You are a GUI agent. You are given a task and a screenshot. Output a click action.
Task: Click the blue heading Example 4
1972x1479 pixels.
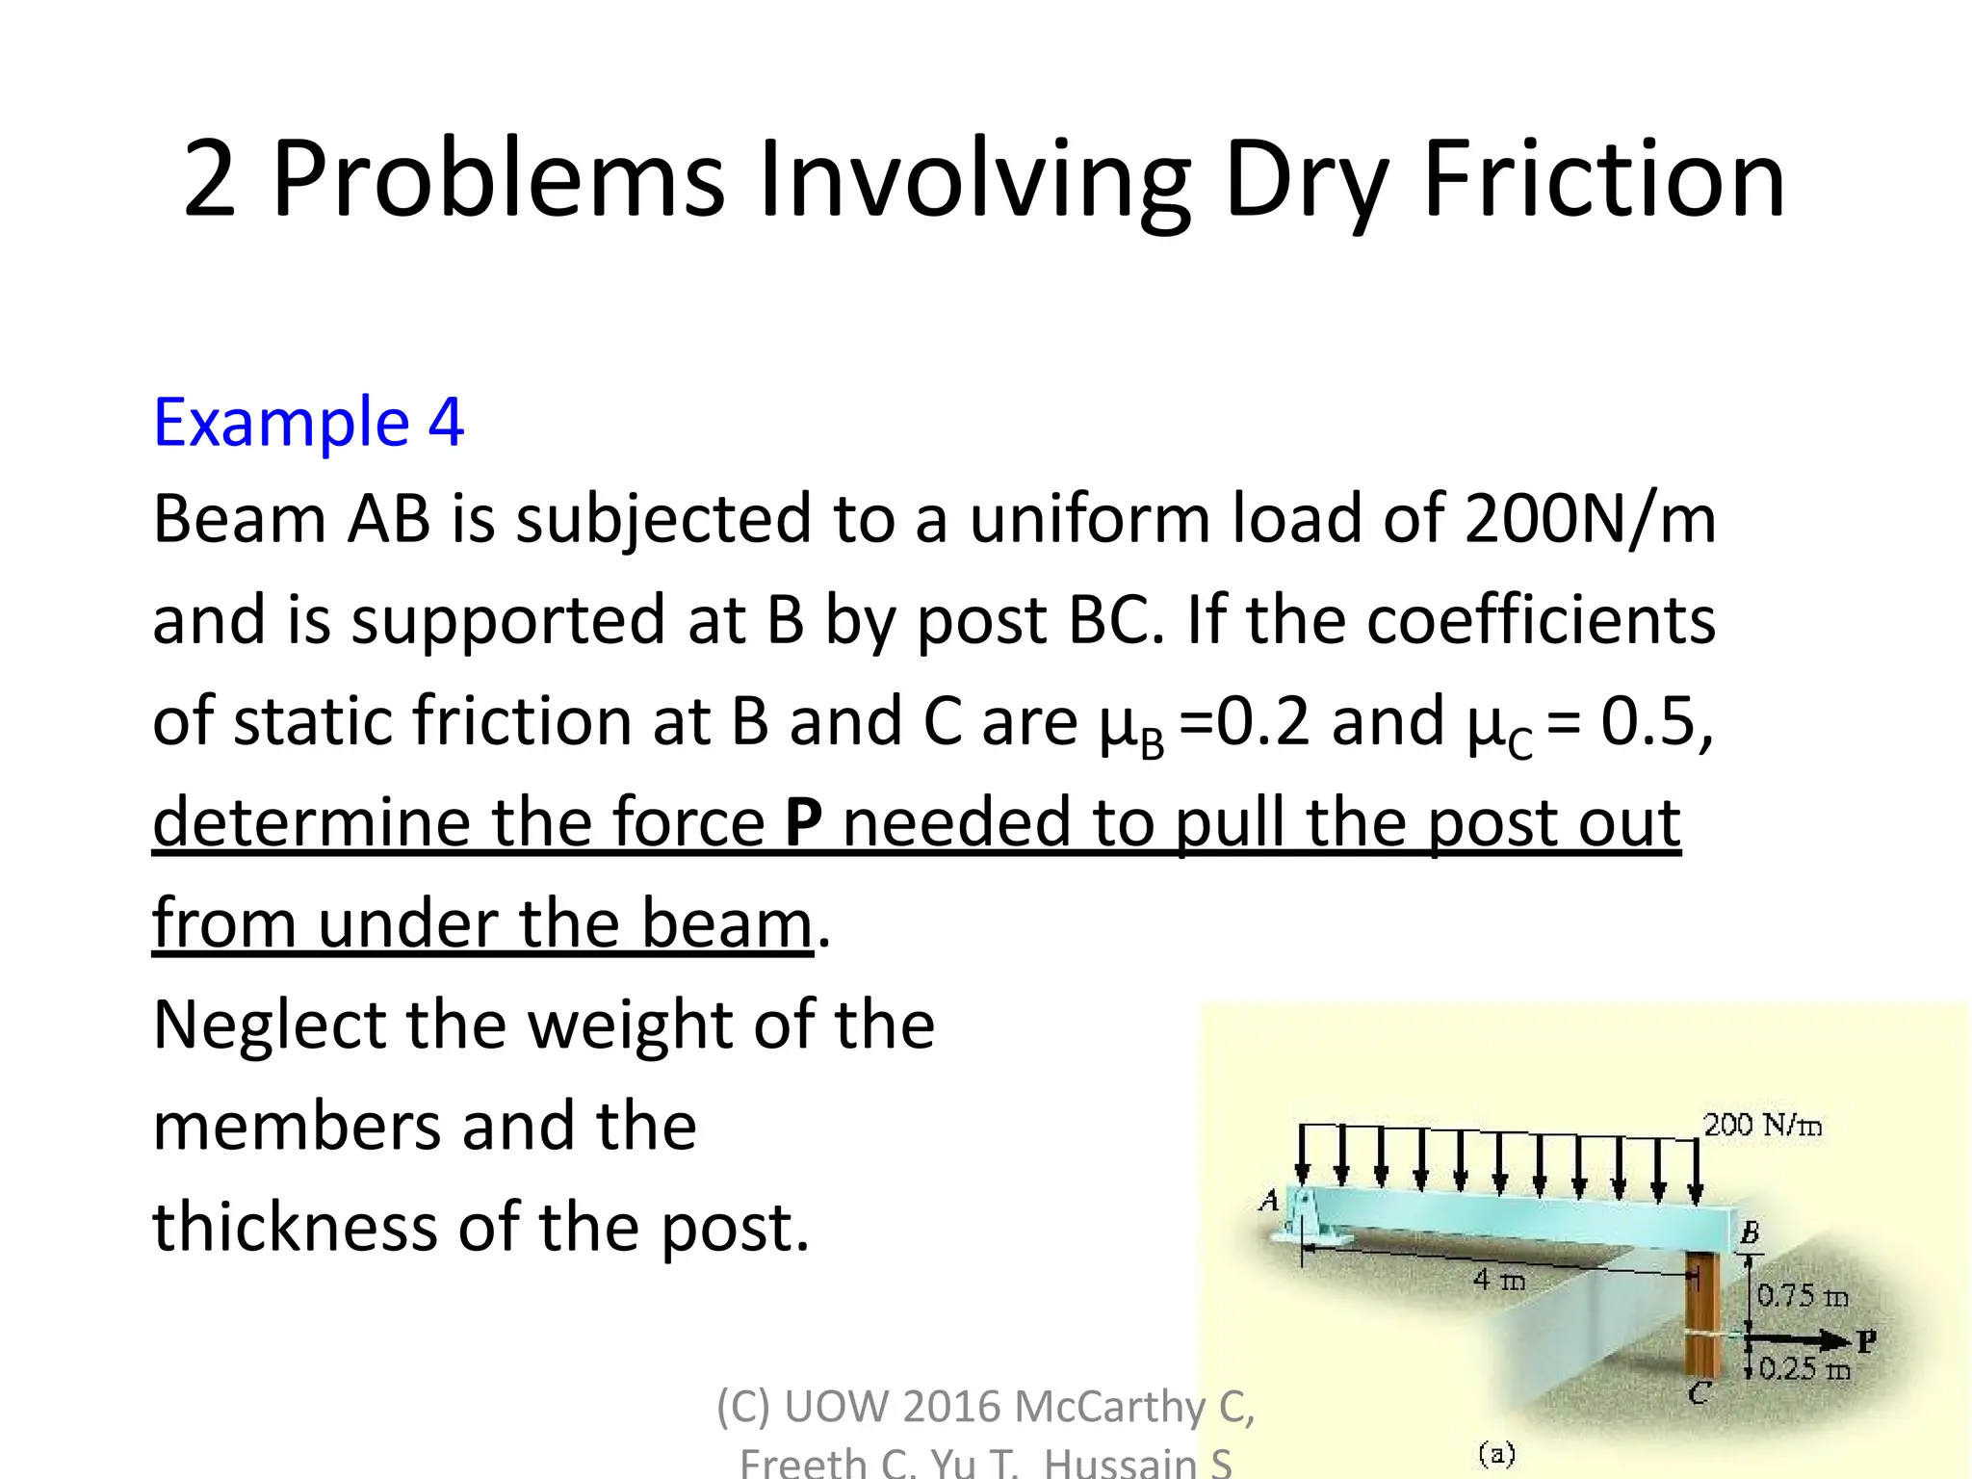click(x=308, y=422)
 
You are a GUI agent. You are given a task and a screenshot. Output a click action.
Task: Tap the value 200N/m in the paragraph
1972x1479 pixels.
click(x=1590, y=519)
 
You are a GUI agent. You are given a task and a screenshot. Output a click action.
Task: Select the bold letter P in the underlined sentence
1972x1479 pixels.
click(x=804, y=821)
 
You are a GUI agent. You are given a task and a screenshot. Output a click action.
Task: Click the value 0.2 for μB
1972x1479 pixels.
click(x=1262, y=720)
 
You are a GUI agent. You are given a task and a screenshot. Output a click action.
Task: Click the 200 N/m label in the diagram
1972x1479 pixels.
click(x=1762, y=1125)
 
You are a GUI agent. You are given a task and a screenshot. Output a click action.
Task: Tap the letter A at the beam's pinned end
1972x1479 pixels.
click(x=1270, y=1201)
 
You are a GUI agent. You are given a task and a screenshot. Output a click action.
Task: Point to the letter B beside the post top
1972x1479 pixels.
click(x=1750, y=1232)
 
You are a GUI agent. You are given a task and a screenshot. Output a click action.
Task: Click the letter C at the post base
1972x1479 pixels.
click(x=1700, y=1392)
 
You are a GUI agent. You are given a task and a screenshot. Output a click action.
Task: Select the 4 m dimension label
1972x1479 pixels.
click(x=1499, y=1280)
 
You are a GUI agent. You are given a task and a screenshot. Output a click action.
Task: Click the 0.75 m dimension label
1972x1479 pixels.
click(x=1802, y=1296)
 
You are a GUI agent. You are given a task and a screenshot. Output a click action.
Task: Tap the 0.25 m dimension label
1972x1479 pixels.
click(x=1803, y=1369)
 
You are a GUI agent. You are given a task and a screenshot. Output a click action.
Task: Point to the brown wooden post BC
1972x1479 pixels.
click(x=1702, y=1319)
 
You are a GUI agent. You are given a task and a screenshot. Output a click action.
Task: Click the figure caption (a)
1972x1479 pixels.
click(x=1496, y=1453)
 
